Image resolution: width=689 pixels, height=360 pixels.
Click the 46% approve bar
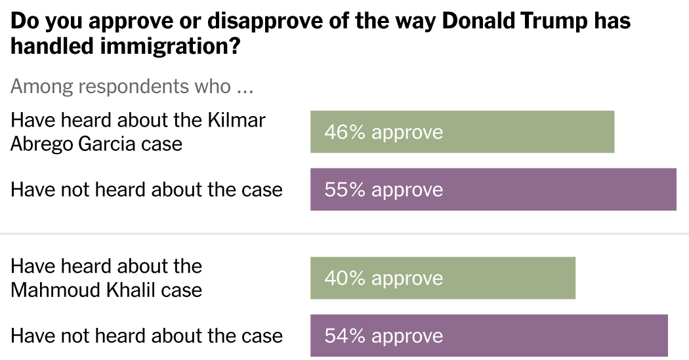click(x=462, y=132)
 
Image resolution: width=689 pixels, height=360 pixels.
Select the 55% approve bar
click(x=493, y=190)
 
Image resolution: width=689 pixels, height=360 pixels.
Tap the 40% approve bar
click(x=443, y=278)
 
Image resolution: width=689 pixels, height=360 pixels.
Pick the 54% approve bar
click(x=489, y=336)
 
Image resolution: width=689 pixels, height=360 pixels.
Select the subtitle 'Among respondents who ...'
click(x=132, y=87)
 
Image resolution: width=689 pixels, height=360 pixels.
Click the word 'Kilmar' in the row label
click(x=236, y=121)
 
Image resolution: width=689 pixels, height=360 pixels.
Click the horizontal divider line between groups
click(x=344, y=233)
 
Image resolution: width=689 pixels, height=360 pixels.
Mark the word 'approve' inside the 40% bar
click(x=407, y=279)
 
